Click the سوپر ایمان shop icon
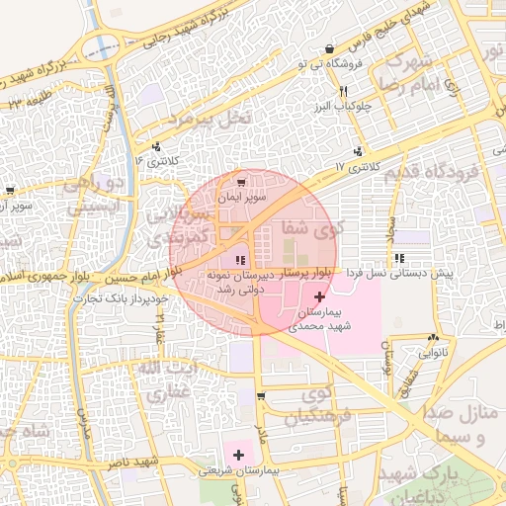point(243,183)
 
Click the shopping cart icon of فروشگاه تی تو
point(342,48)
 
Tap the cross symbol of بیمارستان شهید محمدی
point(319,296)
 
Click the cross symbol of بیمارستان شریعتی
point(238,454)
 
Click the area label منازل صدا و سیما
point(464,425)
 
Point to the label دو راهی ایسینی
point(97,196)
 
